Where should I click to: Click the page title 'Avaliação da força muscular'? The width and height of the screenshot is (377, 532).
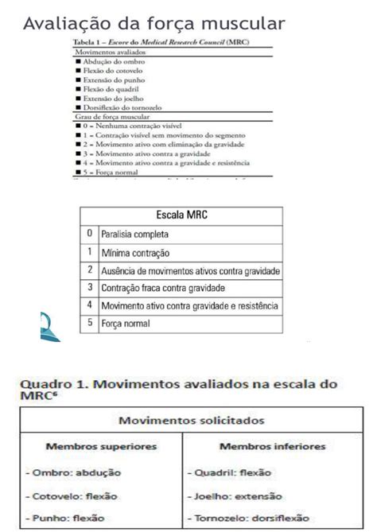point(154,22)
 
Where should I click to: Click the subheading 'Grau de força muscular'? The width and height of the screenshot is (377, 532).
point(106,117)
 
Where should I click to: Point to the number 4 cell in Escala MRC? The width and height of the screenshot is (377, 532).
point(91,305)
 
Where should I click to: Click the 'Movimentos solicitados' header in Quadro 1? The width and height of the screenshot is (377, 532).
point(192,419)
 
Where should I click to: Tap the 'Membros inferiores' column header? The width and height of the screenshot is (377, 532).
point(273,446)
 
